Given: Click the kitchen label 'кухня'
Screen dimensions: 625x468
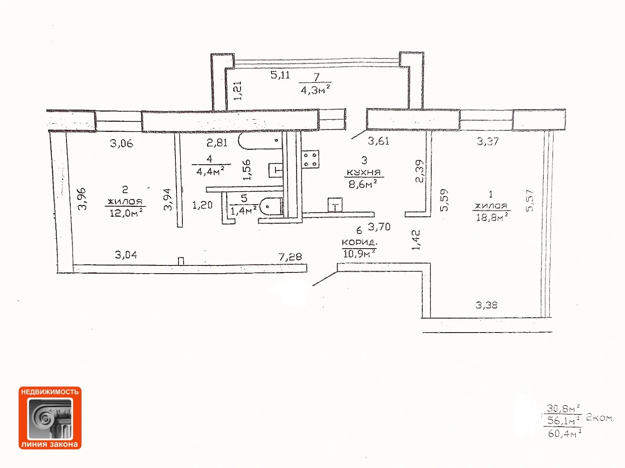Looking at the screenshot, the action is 364,173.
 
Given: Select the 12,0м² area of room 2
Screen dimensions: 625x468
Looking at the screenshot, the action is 126,213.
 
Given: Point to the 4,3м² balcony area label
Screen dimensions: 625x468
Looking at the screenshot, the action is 315,90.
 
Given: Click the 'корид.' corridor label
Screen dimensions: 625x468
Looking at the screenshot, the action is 359,243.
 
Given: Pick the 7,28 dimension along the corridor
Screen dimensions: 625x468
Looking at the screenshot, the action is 290,257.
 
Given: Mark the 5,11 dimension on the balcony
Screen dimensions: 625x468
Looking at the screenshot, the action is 280,75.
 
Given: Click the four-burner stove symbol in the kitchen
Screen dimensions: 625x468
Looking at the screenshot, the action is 310,159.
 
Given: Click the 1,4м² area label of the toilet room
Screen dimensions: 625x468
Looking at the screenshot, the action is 243,211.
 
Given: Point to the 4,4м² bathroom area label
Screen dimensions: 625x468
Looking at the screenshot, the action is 210,171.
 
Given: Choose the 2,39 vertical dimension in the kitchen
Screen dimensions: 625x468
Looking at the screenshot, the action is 420,171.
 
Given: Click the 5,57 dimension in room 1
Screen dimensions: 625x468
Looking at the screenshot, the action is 530,201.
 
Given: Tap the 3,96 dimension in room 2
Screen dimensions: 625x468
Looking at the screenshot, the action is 82,199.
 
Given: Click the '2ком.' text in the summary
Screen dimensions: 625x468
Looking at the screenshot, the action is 600,418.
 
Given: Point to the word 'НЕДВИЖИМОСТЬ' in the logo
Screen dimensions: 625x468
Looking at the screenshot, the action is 50,392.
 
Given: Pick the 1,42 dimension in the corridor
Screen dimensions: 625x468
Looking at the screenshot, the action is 416,240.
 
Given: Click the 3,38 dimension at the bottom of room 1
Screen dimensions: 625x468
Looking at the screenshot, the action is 486,305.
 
